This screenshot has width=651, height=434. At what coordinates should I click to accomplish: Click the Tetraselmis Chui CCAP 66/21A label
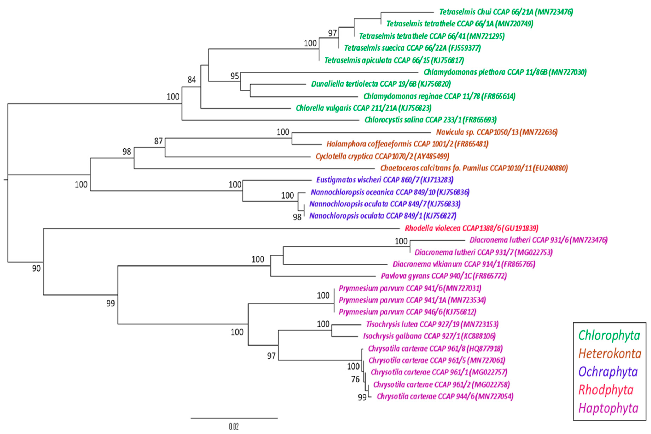(506, 12)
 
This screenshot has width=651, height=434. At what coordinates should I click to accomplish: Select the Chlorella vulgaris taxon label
(363, 108)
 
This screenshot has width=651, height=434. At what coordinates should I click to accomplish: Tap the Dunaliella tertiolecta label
(381, 84)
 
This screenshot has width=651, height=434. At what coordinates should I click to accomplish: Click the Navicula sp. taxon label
(497, 132)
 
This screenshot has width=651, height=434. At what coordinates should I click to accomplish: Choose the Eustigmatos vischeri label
(385, 180)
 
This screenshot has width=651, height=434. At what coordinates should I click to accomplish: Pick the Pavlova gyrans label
(444, 276)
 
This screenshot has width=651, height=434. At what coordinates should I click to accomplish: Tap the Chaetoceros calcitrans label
(474, 168)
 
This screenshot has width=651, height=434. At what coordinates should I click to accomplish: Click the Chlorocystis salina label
(430, 120)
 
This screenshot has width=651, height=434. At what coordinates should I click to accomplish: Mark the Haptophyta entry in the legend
(608, 408)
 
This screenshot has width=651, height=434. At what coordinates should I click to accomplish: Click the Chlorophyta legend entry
(609, 335)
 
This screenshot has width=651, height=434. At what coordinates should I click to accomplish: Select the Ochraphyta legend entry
(608, 372)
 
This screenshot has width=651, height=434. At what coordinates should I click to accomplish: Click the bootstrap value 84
(192, 80)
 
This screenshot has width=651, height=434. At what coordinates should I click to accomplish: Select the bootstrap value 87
(158, 141)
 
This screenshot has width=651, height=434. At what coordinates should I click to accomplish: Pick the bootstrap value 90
(36, 268)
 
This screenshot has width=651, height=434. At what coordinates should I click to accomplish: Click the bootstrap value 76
(355, 379)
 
